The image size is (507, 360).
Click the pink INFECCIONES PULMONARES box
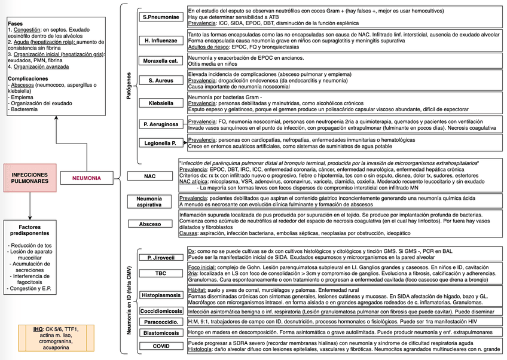(x=29, y=178)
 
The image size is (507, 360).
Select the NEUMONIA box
(x=86, y=178)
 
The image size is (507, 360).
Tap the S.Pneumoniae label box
(x=161, y=17)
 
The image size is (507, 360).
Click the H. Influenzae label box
(x=161, y=41)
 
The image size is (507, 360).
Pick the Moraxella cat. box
(x=161, y=61)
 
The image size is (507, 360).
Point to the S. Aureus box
(x=161, y=80)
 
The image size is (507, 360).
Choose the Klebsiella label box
(x=161, y=103)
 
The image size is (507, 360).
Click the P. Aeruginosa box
(x=161, y=124)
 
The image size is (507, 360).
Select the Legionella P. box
(x=161, y=144)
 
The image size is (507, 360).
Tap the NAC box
(x=149, y=176)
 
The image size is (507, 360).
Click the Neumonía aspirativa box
(x=149, y=201)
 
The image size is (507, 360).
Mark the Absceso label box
(x=149, y=224)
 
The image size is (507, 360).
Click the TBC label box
(x=161, y=274)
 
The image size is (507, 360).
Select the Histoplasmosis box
(x=161, y=295)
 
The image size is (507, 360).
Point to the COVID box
(x=161, y=346)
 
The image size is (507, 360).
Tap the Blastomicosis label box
(x=161, y=333)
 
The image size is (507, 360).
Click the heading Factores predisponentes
(x=29, y=231)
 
